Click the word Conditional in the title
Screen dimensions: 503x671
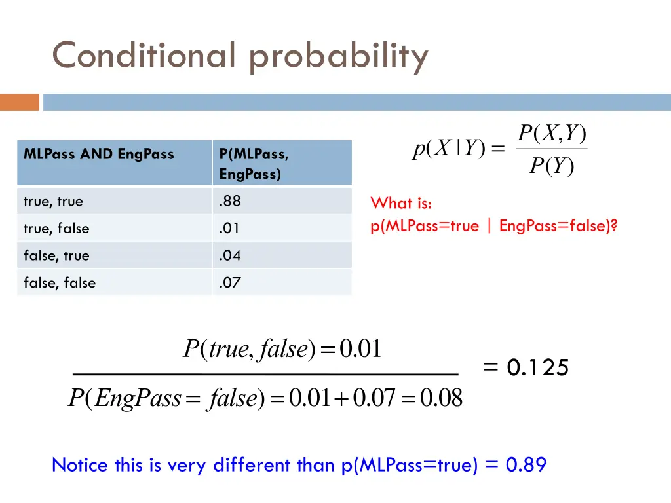143,56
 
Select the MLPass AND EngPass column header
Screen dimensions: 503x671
99,155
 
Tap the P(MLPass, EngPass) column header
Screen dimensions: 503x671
254,164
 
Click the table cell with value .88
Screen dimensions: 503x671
230,202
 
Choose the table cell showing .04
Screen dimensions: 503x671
230,255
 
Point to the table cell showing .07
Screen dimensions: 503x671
230,283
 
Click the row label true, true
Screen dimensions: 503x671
53,202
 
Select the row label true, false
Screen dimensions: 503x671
56,229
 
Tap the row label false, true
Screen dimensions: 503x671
56,255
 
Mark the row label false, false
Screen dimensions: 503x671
60,283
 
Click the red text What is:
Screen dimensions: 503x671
401,203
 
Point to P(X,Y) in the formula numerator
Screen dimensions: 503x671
551,134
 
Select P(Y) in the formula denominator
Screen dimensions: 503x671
551,168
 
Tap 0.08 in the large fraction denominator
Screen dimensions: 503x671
441,398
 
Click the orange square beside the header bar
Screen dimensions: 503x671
20,102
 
